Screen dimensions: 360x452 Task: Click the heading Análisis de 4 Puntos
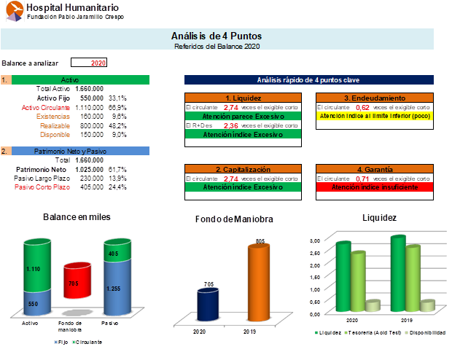click(217, 36)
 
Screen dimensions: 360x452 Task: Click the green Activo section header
click(81, 79)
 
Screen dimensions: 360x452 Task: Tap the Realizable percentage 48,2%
click(118, 125)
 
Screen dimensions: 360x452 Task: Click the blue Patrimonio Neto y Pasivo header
click(81, 151)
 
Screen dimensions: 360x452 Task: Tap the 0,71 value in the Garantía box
click(362, 178)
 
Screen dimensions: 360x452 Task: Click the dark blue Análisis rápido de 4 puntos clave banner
click(308, 79)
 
